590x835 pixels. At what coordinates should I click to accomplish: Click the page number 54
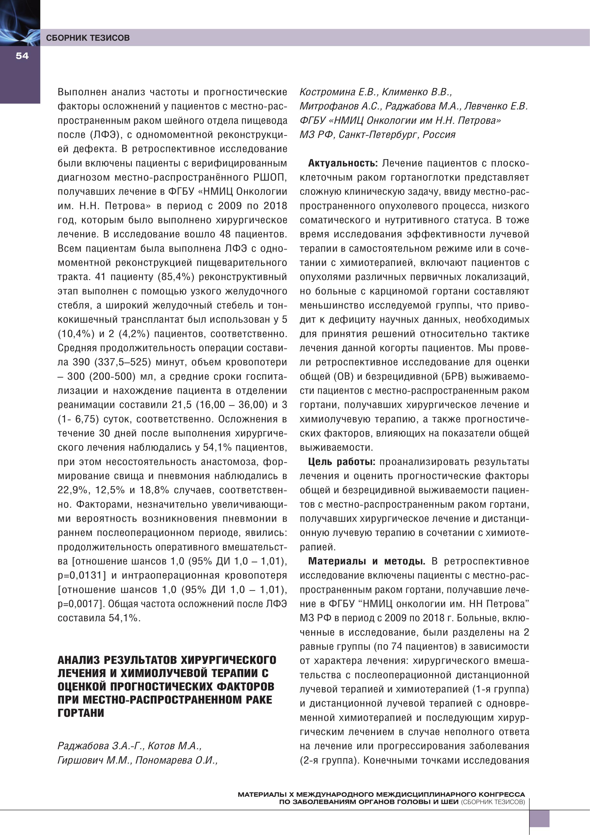point(22,56)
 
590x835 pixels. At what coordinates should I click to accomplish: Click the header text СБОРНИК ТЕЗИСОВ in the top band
point(88,38)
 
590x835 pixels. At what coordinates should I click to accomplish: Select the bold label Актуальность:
point(343,163)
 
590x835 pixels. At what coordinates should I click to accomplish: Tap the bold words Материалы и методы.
point(366,561)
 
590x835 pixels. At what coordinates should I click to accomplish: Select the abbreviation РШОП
point(270,177)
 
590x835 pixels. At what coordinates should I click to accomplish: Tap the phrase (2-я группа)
point(329,760)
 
